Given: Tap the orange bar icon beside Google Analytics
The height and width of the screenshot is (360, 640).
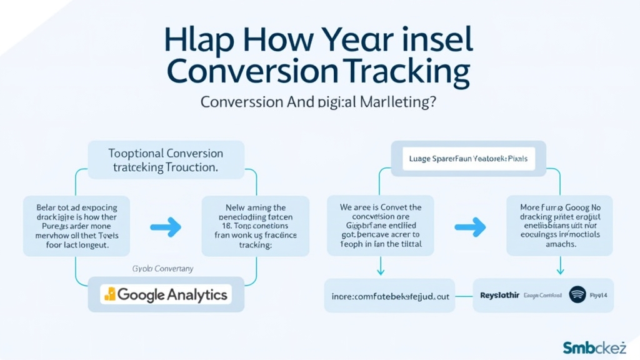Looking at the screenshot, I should coord(110,294).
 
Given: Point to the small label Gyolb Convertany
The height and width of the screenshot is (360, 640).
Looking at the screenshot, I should coord(162,268).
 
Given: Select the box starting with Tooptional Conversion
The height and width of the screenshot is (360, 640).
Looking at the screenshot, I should coord(166,160).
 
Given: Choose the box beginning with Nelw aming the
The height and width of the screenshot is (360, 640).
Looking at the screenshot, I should coord(255,226).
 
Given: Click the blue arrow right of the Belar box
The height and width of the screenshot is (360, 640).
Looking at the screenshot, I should coord(166,227).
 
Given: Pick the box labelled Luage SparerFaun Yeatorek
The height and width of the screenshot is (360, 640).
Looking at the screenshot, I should coord(468,159).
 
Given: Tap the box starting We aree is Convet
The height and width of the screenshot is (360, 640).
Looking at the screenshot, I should coord(381,226).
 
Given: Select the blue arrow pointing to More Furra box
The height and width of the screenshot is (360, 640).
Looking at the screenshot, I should coord(470,227).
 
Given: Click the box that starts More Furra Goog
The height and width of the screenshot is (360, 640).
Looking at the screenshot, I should coord(560,226).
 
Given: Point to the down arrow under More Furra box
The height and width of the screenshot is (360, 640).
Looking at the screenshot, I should coord(560,267).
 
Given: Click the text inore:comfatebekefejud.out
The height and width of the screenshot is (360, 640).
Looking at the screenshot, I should coord(390,295).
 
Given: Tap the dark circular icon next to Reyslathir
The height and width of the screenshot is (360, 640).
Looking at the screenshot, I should coord(578,294).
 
